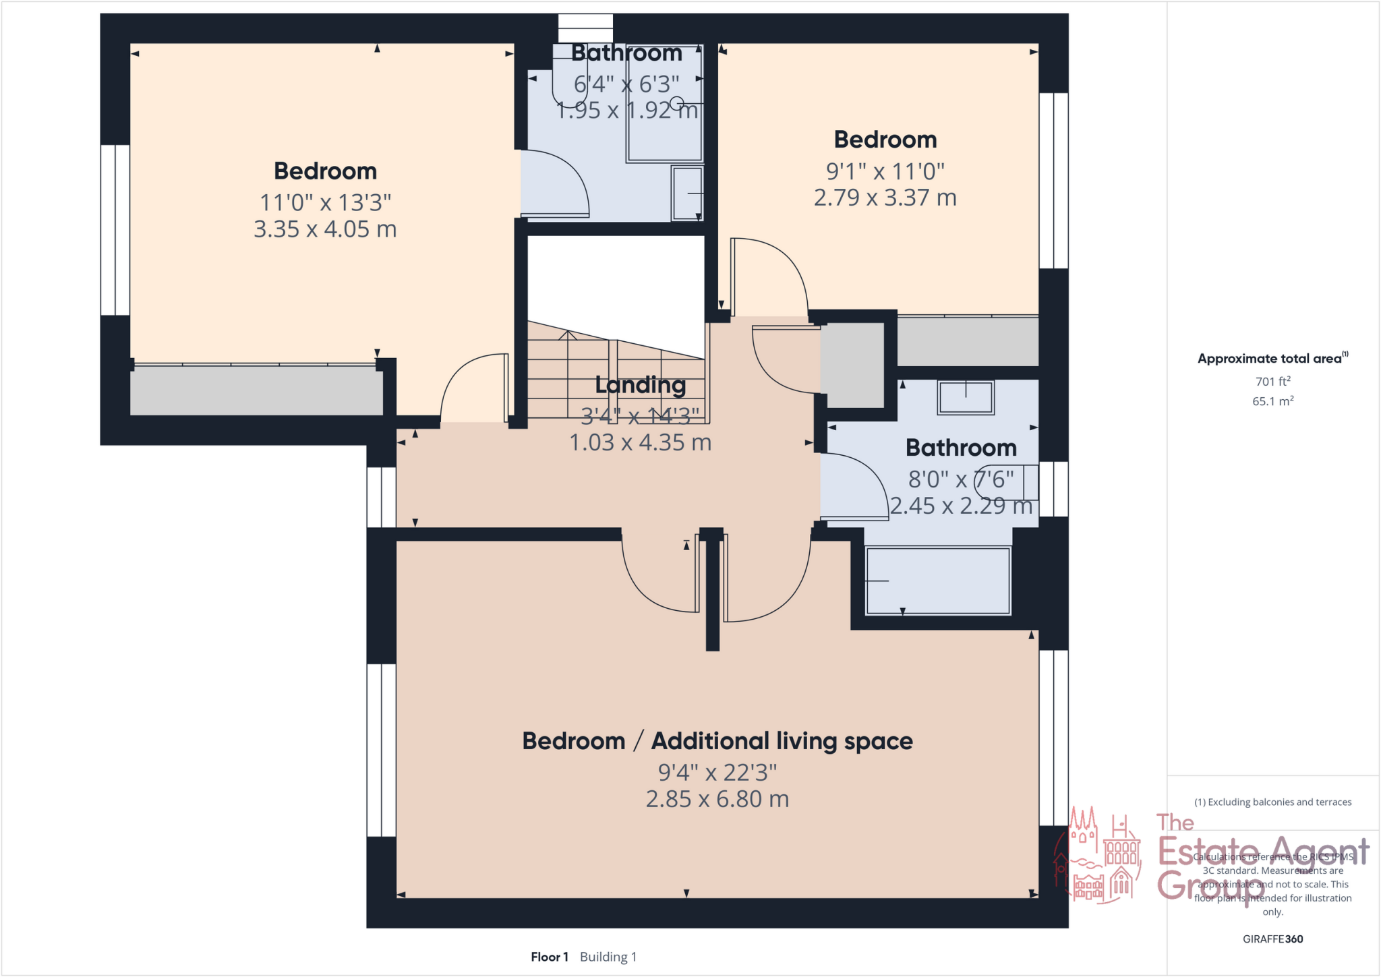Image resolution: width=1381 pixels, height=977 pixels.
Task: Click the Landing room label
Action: pyautogui.click(x=640, y=385)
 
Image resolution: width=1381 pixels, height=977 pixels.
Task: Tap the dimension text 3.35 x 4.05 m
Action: pyautogui.click(x=325, y=229)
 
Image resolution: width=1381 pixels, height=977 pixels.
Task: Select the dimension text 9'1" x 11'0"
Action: pyautogui.click(x=885, y=171)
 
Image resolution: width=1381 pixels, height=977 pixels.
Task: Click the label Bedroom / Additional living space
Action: pyautogui.click(x=717, y=741)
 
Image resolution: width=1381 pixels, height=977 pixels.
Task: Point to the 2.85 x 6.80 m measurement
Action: pyautogui.click(x=717, y=799)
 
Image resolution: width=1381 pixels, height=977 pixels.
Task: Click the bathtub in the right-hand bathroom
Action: pyautogui.click(x=937, y=581)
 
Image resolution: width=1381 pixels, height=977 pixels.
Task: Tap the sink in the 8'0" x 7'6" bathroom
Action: pyautogui.click(x=965, y=397)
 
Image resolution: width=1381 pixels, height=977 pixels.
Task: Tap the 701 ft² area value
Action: pyautogui.click(x=1272, y=382)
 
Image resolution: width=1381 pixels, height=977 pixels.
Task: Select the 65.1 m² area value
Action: pyautogui.click(x=1272, y=401)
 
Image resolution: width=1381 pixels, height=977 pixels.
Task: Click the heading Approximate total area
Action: pyautogui.click(x=1271, y=359)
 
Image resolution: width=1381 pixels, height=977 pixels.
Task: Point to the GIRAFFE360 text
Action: pyautogui.click(x=1272, y=939)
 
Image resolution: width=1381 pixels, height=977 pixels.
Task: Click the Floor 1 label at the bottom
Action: pyautogui.click(x=550, y=957)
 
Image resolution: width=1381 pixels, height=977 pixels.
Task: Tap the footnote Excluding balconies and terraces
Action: pyautogui.click(x=1272, y=802)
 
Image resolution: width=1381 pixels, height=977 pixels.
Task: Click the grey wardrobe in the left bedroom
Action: pyautogui.click(x=256, y=390)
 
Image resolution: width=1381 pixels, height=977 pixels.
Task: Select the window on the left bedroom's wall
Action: pyautogui.click(x=115, y=229)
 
